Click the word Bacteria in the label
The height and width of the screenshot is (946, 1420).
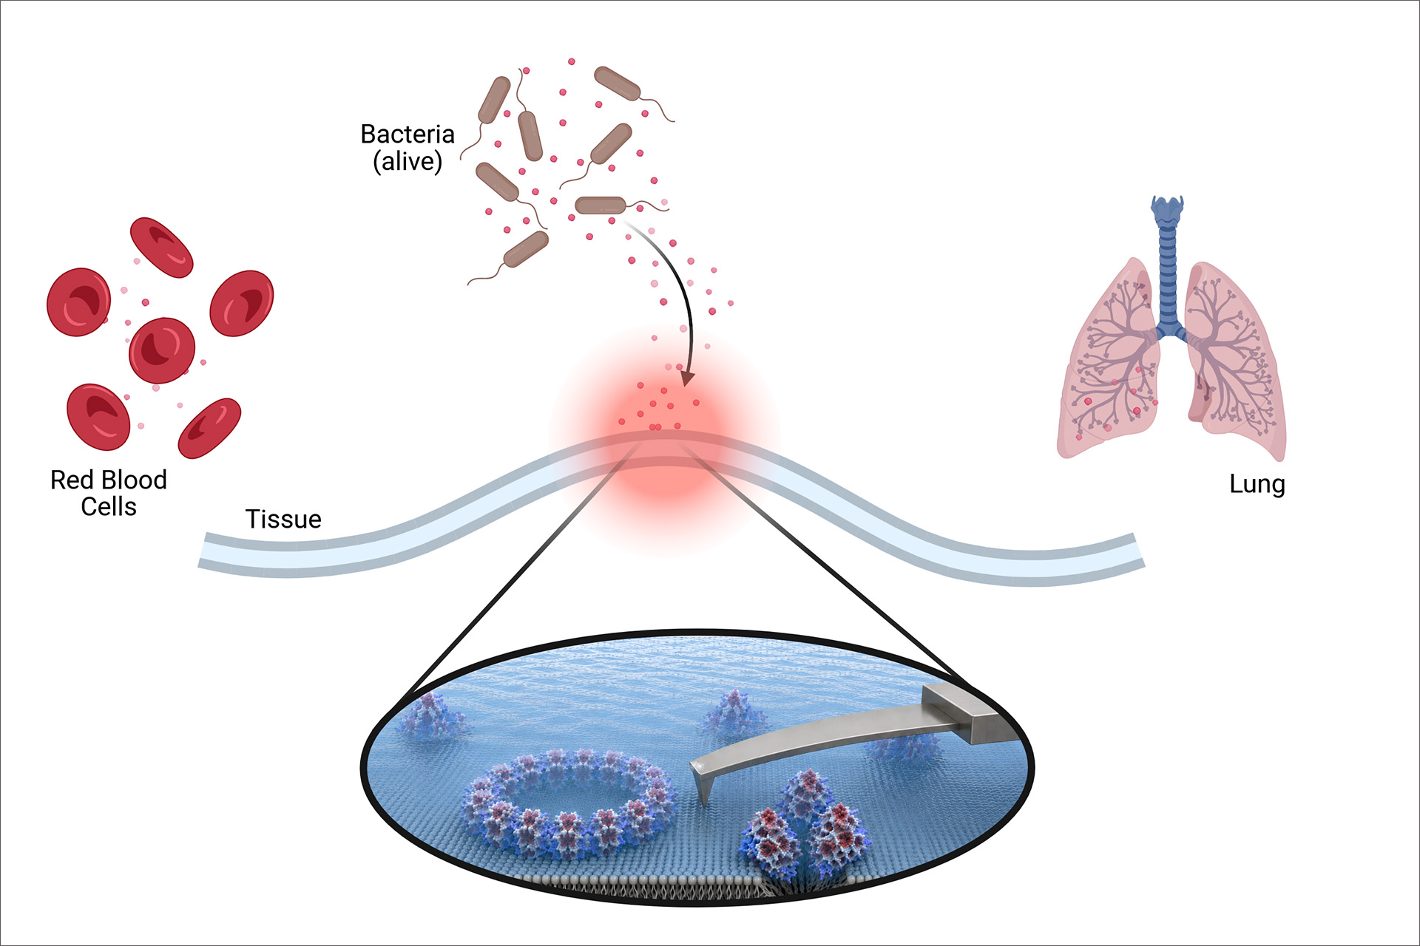(408, 135)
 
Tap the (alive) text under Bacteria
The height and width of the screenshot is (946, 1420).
(408, 161)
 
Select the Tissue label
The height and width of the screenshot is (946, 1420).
(283, 520)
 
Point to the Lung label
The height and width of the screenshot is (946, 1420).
(1257, 485)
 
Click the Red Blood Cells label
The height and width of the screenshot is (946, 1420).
(109, 493)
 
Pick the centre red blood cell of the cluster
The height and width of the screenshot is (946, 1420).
(162, 350)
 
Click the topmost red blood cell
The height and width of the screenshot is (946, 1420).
(162, 247)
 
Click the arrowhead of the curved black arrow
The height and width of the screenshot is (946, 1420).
(688, 378)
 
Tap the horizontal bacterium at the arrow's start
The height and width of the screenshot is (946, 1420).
(601, 205)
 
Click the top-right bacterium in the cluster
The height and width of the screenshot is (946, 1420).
(617, 83)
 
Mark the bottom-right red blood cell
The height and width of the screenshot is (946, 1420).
(210, 428)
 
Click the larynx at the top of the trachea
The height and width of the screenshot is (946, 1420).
(1168, 208)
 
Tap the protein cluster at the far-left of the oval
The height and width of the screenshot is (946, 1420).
(430, 715)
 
